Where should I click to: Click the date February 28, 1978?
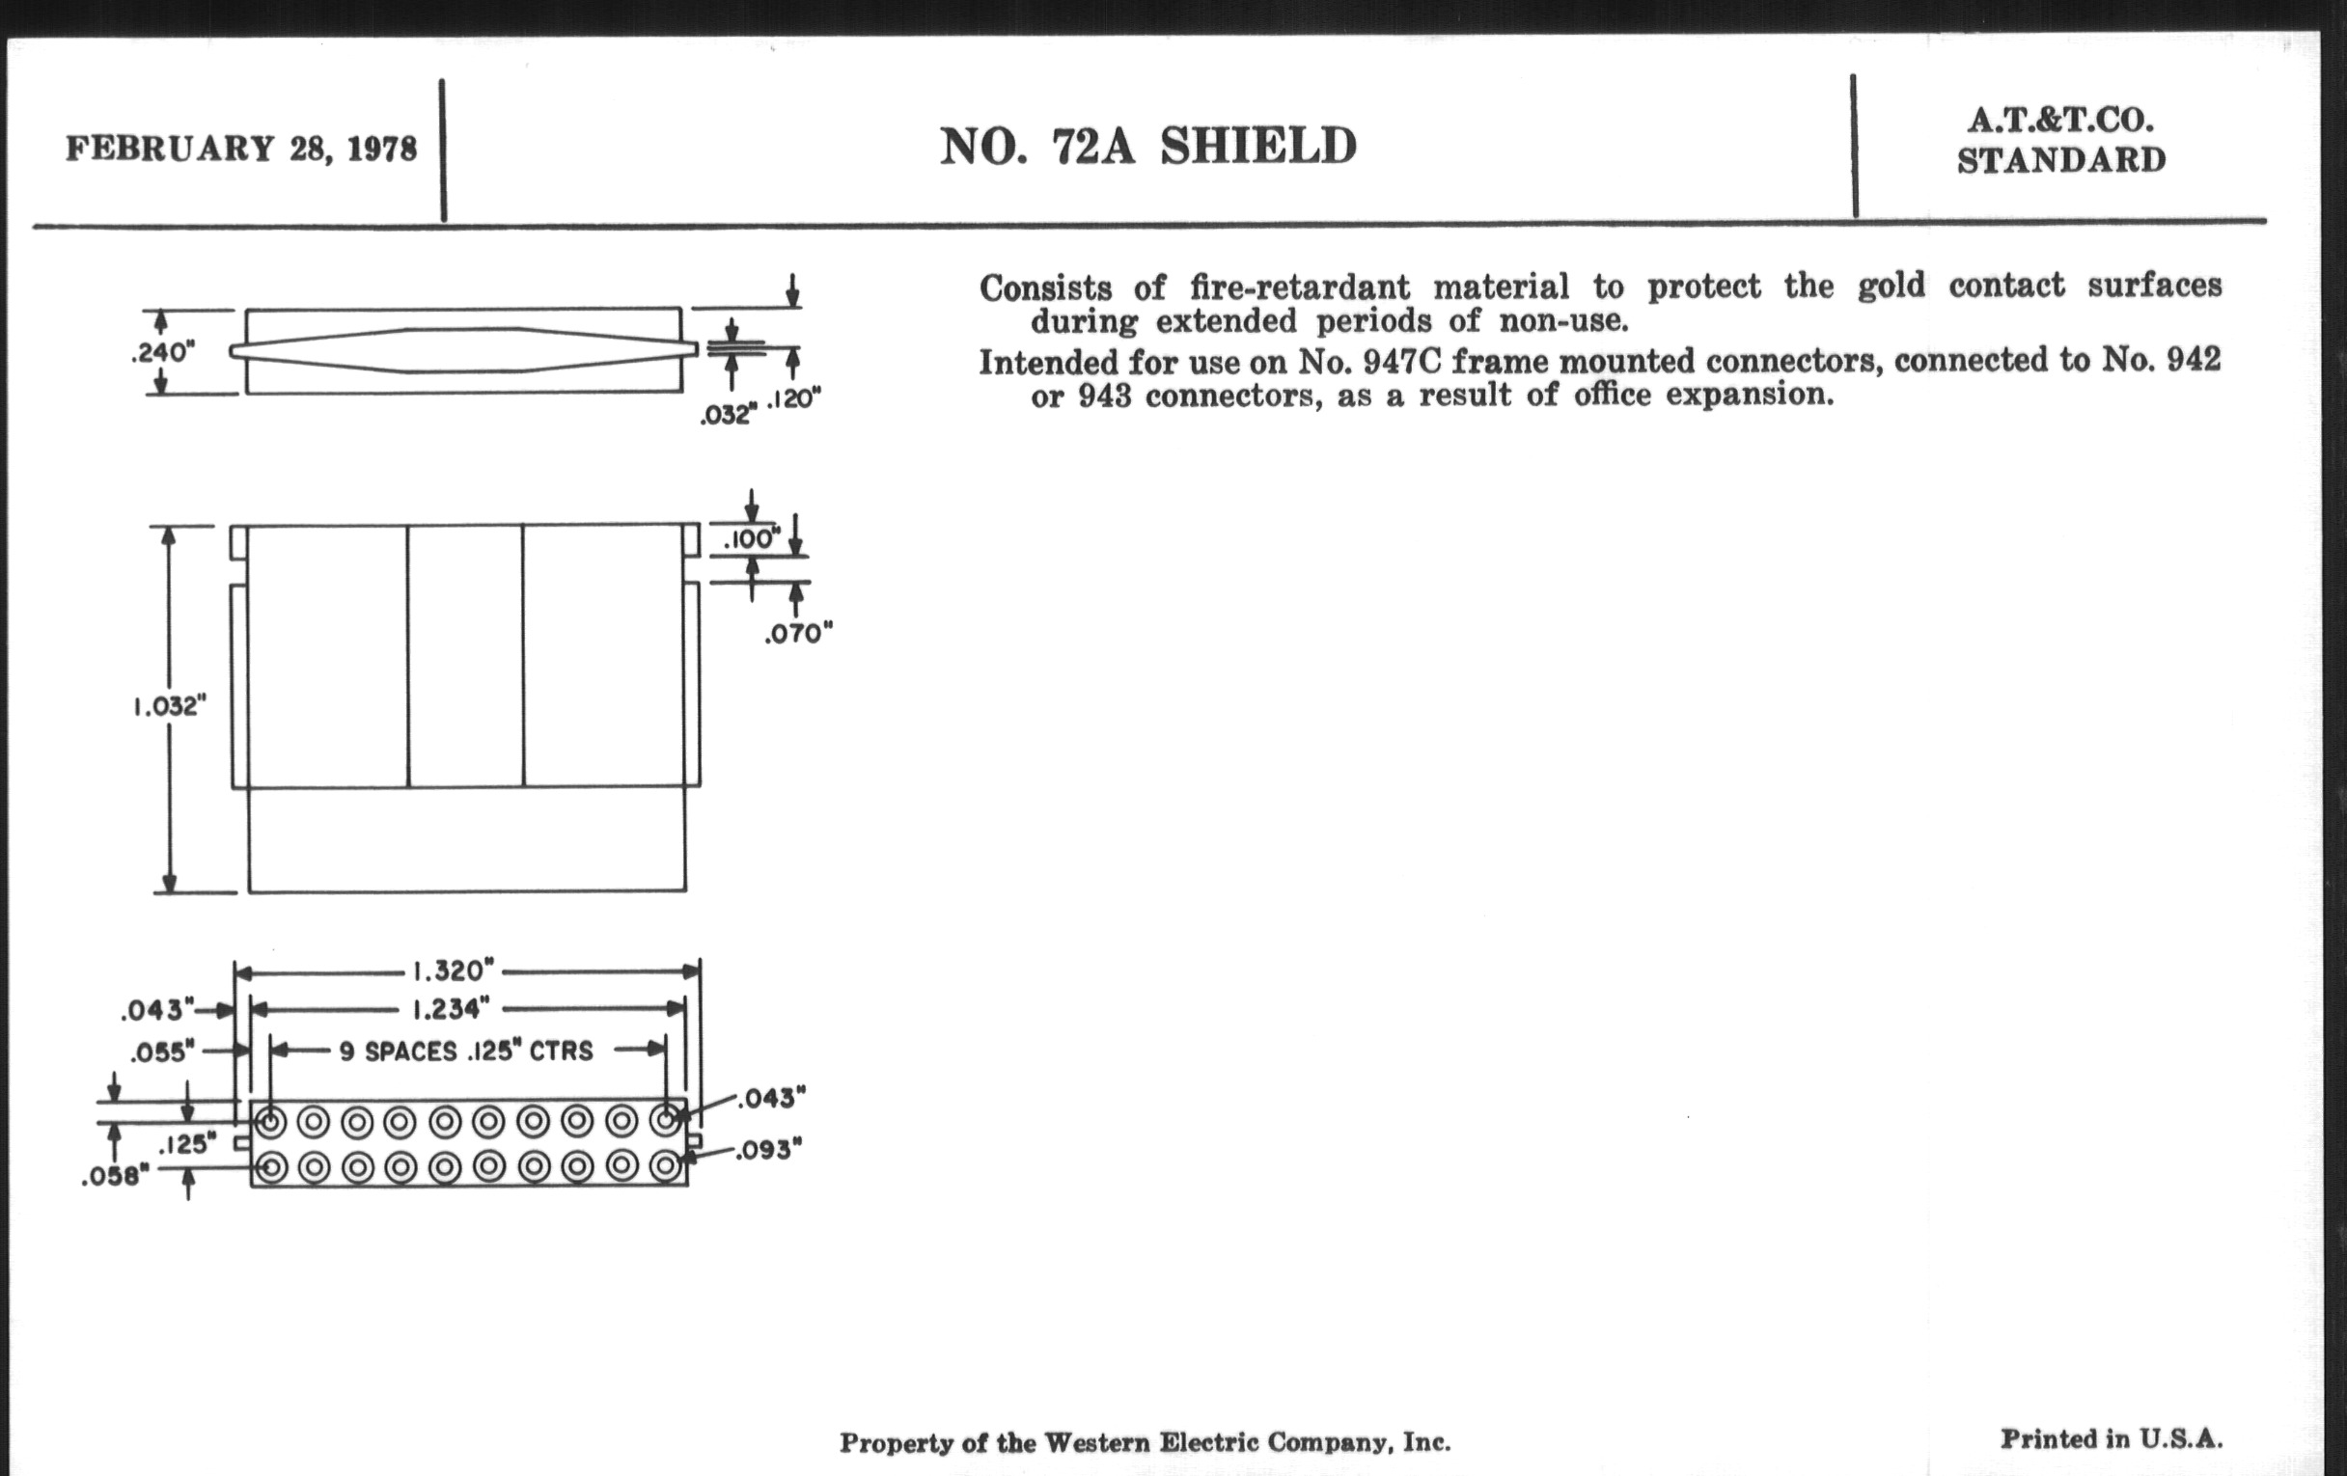pos(240,150)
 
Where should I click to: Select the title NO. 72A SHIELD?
pos(1147,147)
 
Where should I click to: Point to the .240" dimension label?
pos(162,353)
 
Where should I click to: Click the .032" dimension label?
pos(727,415)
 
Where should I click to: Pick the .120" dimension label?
pos(794,399)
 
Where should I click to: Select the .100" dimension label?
pos(752,538)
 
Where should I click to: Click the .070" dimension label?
pos(798,634)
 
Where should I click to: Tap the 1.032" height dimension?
pos(170,706)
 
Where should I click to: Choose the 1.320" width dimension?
pos(454,971)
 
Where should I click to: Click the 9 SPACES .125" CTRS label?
pos(466,1052)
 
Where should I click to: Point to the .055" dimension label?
pos(163,1052)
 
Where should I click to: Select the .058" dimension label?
pos(115,1178)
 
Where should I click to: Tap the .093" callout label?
pos(768,1152)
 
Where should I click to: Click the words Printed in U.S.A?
pos(2112,1439)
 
